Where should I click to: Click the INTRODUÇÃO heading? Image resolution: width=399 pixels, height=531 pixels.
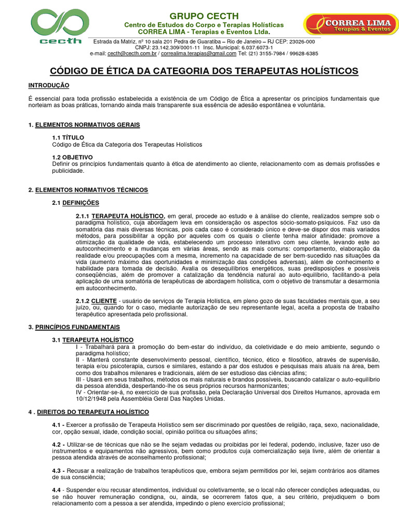tap(48, 85)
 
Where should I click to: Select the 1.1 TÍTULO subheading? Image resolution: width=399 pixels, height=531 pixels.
tap(68, 137)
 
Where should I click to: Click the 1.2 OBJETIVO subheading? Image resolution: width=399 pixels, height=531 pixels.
tap(72, 157)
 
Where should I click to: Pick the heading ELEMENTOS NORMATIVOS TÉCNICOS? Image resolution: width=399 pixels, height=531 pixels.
tap(91, 190)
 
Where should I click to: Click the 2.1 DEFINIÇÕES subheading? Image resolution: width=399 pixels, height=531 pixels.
tap(75, 203)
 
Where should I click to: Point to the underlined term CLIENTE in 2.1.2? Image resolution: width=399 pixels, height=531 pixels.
tap(104, 300)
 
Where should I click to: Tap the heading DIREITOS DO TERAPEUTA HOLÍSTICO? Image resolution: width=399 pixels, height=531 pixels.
tap(92, 412)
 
